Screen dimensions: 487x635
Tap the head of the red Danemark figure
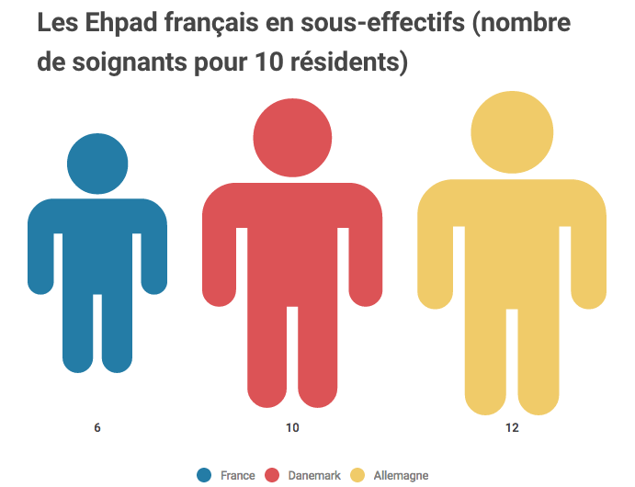tap(292, 137)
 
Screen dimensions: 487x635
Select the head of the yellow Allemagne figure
tap(512, 131)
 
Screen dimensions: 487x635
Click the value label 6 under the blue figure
tap(97, 428)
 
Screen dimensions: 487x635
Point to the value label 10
tap(292, 428)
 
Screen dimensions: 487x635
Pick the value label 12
tap(512, 428)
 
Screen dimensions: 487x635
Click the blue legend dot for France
tap(205, 475)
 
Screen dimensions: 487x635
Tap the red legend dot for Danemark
tap(272, 475)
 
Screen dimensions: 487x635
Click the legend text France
tap(238, 475)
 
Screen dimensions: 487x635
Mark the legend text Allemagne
tap(402, 475)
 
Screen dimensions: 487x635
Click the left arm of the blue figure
tap(40, 257)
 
